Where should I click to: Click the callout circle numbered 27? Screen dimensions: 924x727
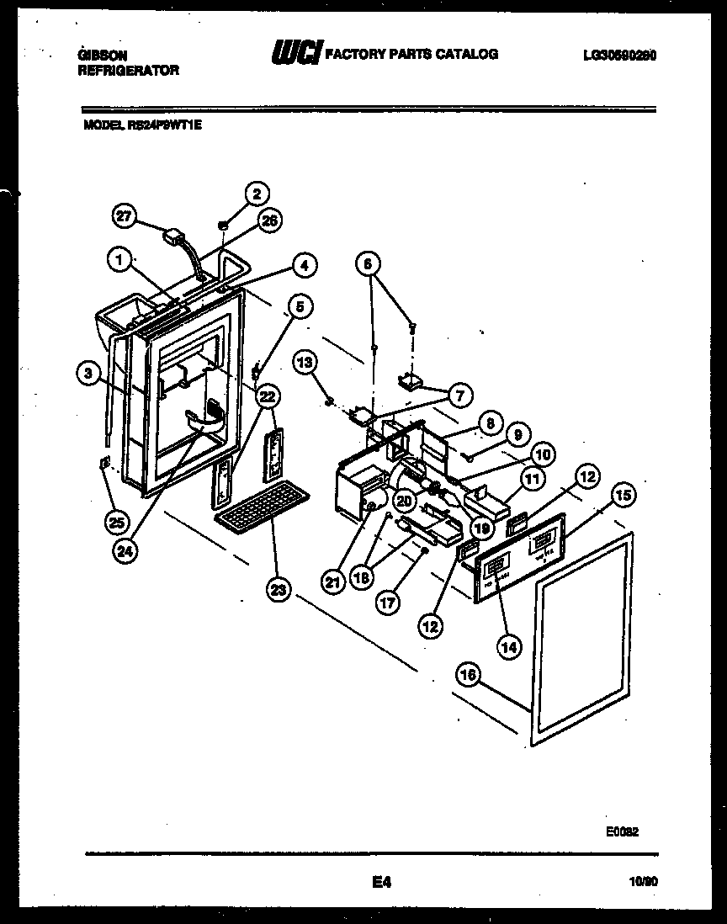[125, 218]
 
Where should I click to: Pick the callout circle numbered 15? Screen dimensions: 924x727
[624, 496]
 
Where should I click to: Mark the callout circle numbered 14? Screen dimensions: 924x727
[509, 646]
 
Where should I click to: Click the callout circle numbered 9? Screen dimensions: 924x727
[518, 435]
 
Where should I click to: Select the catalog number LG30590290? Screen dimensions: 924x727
[618, 56]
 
